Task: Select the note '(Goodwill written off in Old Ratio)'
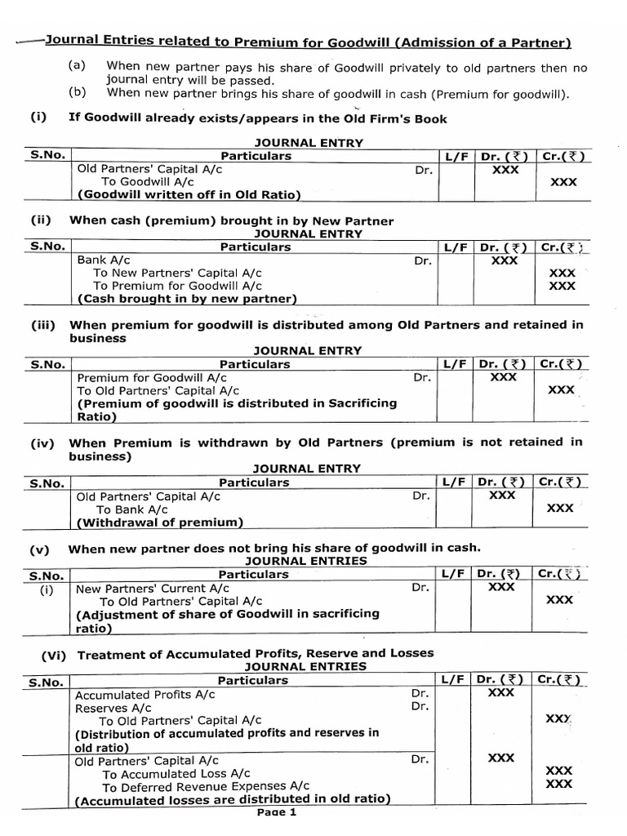point(189,195)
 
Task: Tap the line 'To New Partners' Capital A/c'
point(177,273)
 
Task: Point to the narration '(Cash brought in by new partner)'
point(187,299)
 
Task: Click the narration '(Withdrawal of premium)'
point(159,522)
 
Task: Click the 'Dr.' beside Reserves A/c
point(420,707)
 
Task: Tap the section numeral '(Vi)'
point(56,654)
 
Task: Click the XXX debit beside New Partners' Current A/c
point(501,586)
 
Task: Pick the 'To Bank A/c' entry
point(132,509)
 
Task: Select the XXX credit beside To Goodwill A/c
point(563,182)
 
